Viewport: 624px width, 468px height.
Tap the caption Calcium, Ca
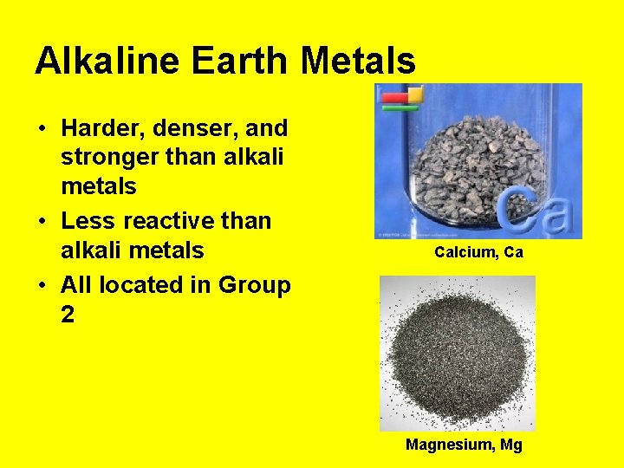tap(478, 252)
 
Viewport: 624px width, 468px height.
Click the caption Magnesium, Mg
tap(464, 445)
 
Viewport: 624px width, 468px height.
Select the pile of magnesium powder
tap(457, 354)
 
